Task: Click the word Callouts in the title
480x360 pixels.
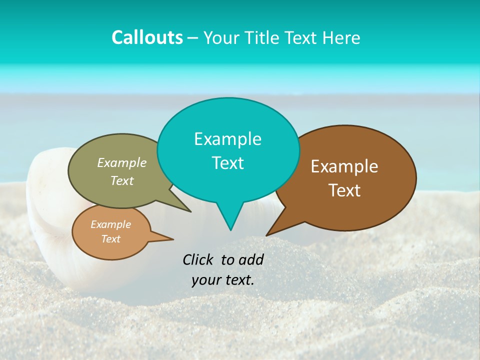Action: click(147, 37)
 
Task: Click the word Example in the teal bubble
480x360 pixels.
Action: click(227, 139)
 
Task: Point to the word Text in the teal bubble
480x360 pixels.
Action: click(227, 163)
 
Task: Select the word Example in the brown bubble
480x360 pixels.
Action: click(344, 166)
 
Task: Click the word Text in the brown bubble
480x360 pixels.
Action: click(344, 190)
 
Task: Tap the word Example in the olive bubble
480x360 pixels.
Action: click(122, 162)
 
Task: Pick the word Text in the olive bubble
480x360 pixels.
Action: click(122, 180)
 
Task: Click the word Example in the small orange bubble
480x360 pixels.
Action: click(110, 224)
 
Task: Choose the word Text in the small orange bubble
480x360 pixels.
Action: click(110, 239)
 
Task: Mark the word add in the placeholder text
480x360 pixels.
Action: click(251, 259)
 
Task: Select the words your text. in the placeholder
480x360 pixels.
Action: click(223, 280)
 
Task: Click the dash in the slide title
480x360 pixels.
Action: click(193, 37)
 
